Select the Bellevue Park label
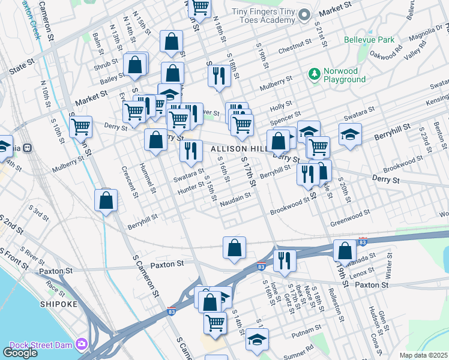(x=369, y=40)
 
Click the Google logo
(x=20, y=353)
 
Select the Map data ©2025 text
(x=424, y=355)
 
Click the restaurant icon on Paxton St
(x=285, y=259)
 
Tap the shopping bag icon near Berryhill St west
(x=106, y=201)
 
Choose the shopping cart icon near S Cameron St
(x=81, y=127)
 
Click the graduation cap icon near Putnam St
(x=257, y=339)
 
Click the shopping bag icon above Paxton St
(x=234, y=247)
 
